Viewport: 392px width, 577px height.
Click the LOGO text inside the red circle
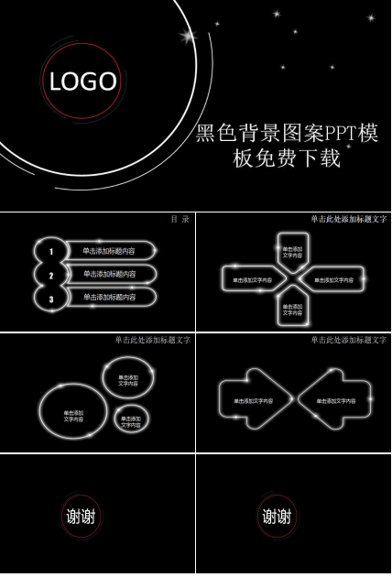pyautogui.click(x=83, y=82)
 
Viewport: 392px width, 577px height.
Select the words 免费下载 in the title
pyautogui.click(x=299, y=159)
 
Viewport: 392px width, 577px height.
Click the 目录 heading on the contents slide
pyautogui.click(x=180, y=220)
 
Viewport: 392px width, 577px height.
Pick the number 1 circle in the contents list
pyautogui.click(x=51, y=251)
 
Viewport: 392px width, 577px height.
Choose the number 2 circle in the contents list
pyautogui.click(x=51, y=275)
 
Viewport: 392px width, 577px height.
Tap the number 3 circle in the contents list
pyautogui.click(x=51, y=299)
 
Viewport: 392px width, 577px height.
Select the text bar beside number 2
pyautogui.click(x=110, y=274)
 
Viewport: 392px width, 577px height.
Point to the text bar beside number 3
pyautogui.click(x=110, y=298)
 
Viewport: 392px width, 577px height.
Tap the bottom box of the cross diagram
pyautogui.click(x=293, y=310)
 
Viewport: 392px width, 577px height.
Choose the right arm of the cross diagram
pyautogui.click(x=333, y=280)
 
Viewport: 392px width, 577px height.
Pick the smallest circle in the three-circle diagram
pyautogui.click(x=131, y=420)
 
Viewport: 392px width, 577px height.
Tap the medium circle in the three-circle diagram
pyautogui.click(x=128, y=380)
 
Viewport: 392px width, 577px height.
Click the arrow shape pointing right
pyautogui.click(x=253, y=401)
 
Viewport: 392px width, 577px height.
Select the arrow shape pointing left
pyautogui.click(x=333, y=401)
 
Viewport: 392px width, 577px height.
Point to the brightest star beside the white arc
pyautogui.click(x=189, y=37)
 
